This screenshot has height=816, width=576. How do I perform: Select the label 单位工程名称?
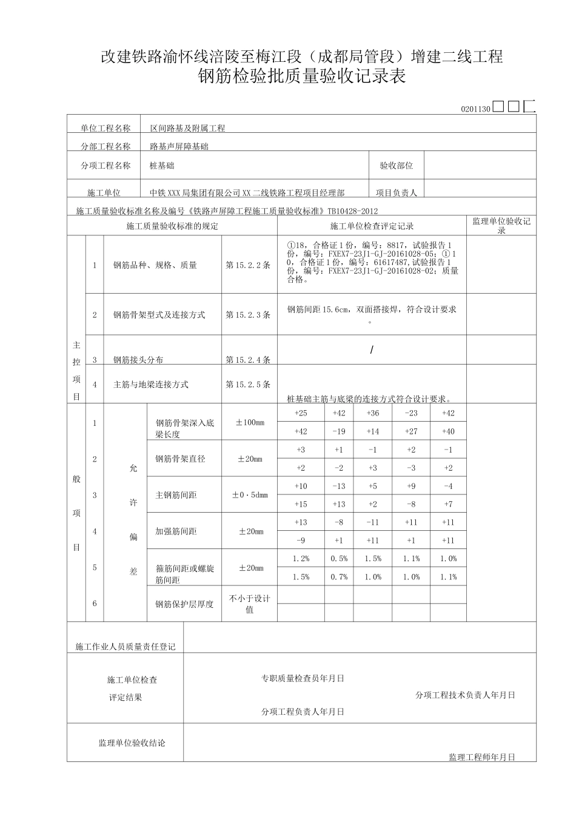point(105,129)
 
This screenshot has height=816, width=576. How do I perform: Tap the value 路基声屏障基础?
point(179,147)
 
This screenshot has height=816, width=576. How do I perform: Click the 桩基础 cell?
point(162,166)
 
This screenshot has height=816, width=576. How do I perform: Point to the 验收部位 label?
point(397,166)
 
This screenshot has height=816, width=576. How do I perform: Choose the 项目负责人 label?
point(397,193)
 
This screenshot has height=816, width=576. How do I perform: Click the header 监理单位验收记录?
point(501,226)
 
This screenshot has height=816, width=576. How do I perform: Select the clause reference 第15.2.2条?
point(248,266)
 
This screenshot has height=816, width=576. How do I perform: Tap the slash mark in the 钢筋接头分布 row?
point(372,350)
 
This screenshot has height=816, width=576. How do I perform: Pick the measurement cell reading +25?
point(301,413)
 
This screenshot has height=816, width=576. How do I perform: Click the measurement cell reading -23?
point(411,413)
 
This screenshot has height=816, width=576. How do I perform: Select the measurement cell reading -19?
point(339,431)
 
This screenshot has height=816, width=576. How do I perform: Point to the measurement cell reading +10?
point(301,486)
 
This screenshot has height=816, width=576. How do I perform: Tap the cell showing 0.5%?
point(339,559)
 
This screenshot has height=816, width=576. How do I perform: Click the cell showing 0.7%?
point(339,577)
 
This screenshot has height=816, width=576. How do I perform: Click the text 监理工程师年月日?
point(482,757)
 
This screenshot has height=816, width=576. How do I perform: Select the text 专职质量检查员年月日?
point(303,678)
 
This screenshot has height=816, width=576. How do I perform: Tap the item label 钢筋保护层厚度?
point(184,604)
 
